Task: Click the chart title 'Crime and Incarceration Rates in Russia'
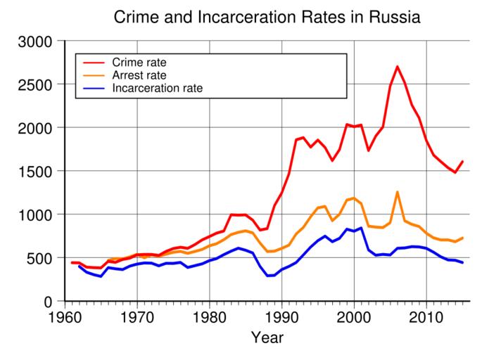[x=267, y=17]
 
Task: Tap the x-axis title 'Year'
[x=267, y=338]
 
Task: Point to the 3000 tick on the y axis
[x=34, y=41]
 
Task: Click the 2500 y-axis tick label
[x=34, y=85]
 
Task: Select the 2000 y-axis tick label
[x=34, y=128]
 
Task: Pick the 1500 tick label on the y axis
[x=34, y=172]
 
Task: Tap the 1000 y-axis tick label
[x=34, y=214]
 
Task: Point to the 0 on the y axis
[x=49, y=301]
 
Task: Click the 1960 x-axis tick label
[x=65, y=314]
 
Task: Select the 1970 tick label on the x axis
[x=137, y=314]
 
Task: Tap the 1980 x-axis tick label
[x=210, y=314]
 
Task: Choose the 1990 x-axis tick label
[x=281, y=314]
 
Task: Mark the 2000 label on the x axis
[x=353, y=314]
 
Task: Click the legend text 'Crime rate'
[x=139, y=62]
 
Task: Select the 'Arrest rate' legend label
[x=141, y=75]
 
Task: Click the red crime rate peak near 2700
[x=397, y=67]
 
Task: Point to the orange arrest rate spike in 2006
[x=397, y=192]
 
